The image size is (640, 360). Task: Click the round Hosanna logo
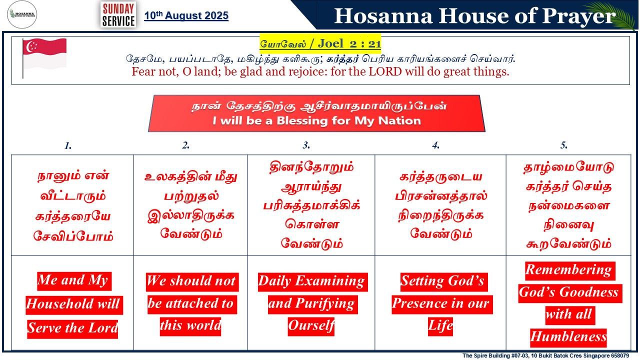tap(22, 14)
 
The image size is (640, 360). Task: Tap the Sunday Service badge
tap(118, 15)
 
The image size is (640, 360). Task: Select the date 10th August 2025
tap(186, 15)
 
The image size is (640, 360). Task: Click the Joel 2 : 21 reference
tap(349, 43)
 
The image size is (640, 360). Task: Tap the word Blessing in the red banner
tap(301, 121)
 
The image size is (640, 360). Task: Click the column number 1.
tap(67, 145)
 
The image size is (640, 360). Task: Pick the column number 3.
tap(306, 145)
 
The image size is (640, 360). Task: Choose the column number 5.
tap(563, 145)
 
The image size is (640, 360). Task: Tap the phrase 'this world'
tap(190, 325)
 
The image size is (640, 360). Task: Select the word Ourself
tap(311, 325)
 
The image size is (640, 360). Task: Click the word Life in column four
tap(440, 325)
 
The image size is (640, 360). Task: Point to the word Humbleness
tap(568, 336)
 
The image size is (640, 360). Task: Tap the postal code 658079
tap(619, 355)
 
